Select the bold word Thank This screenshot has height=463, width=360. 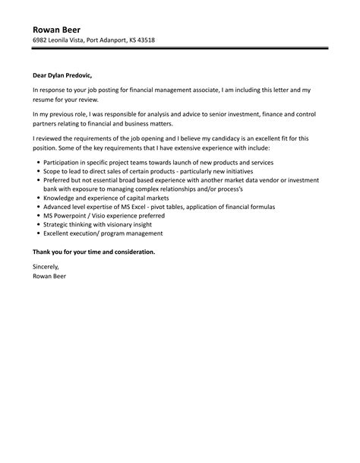pos(44,251)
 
